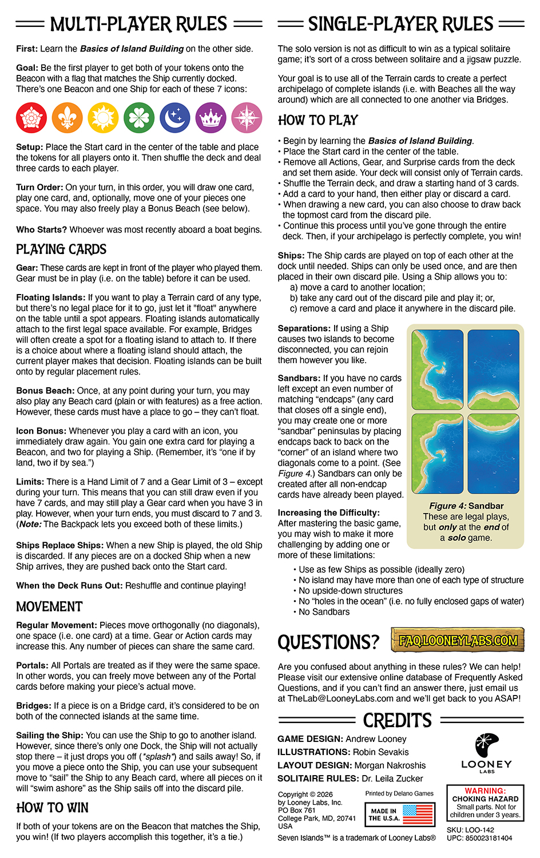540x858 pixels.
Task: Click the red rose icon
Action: (31, 118)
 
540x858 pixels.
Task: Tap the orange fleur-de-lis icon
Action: (67, 118)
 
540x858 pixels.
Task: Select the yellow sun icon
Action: (103, 118)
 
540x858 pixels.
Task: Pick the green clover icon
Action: (139, 118)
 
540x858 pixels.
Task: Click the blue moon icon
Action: (175, 118)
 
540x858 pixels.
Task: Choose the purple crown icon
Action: (211, 118)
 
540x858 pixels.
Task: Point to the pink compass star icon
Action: (247, 118)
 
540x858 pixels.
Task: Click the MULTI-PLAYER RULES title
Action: (139, 25)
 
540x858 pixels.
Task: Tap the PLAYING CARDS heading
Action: (61, 249)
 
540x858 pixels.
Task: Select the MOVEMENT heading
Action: (49, 607)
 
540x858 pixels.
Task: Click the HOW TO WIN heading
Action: (53, 808)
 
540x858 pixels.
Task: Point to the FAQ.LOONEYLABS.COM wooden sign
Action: (458, 641)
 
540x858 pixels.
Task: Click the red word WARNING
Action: (485, 791)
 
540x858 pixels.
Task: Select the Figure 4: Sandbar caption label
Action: (466, 506)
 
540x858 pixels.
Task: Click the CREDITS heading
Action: (398, 720)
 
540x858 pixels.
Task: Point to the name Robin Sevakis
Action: (380, 752)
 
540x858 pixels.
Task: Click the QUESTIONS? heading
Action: (328, 642)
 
